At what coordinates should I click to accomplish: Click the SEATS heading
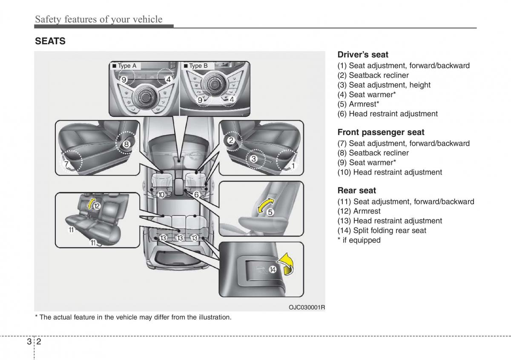[50, 41]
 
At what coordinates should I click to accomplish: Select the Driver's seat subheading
[363, 55]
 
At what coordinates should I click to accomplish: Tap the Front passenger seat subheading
[381, 132]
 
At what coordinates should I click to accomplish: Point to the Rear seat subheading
[357, 190]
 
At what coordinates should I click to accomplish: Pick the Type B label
[198, 66]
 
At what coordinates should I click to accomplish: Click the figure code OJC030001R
[307, 307]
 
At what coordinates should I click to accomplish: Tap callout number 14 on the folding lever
[273, 270]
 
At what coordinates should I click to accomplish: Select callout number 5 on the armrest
[270, 212]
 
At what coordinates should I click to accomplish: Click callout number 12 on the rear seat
[97, 206]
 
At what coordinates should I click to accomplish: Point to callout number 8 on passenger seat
[126, 144]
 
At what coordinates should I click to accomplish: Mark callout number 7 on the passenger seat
[66, 164]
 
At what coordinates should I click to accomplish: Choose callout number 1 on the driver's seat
[293, 164]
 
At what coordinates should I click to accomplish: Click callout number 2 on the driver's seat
[231, 140]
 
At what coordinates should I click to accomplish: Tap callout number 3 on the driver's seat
[253, 159]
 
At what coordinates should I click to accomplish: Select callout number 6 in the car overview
[196, 195]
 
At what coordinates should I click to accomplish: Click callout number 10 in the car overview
[161, 195]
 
